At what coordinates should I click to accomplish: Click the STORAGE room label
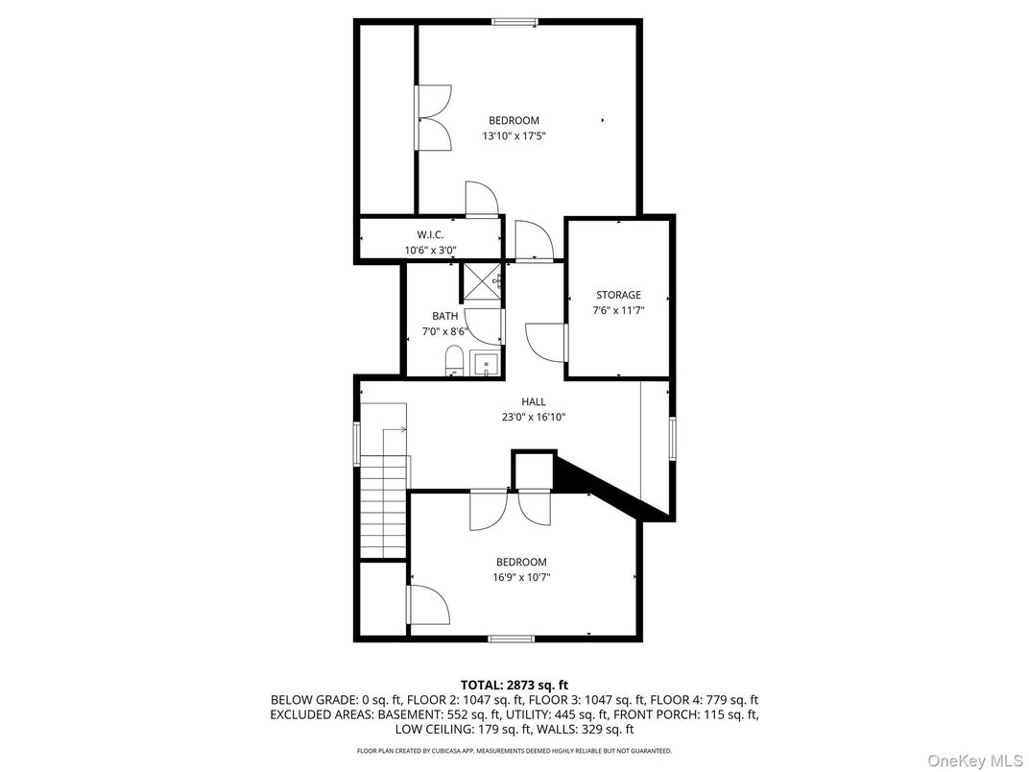[617, 295]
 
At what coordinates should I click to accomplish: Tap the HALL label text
[534, 401]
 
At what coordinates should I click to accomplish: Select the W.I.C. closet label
[429, 234]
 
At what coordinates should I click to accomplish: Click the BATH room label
[444, 316]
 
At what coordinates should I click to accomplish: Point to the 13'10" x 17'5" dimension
[514, 136]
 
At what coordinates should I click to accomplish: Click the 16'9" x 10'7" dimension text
[521, 577]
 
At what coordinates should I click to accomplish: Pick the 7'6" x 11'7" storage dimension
[617, 310]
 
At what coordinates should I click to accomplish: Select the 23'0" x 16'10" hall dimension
[534, 417]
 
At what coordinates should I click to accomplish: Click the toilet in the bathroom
[454, 363]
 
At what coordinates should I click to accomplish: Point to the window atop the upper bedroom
[514, 21]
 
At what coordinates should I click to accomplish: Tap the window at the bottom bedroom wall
[511, 638]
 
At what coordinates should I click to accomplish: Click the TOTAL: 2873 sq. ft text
[514, 685]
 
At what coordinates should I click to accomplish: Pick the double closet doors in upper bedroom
[434, 117]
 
